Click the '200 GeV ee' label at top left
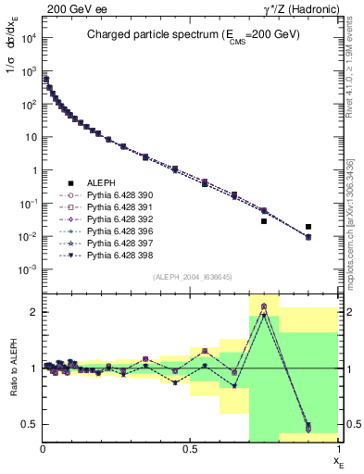(x=67, y=7)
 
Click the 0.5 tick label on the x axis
(x=190, y=449)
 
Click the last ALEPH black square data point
(x=308, y=227)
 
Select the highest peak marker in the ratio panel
(x=264, y=306)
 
